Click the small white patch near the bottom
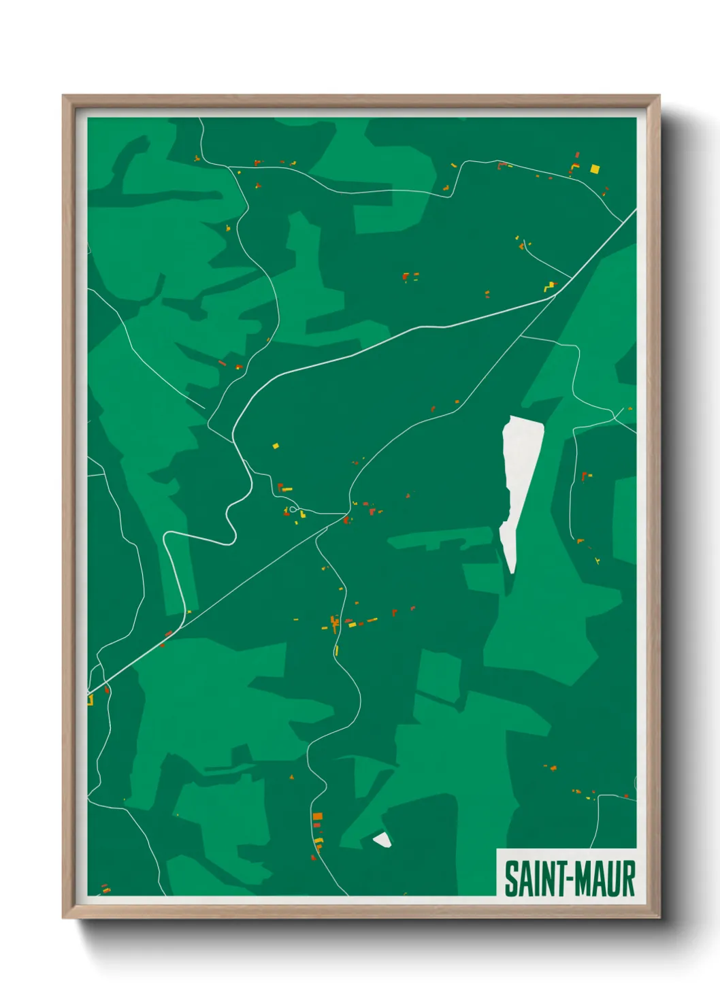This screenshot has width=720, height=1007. (382, 840)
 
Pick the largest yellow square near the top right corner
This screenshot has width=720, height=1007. (595, 169)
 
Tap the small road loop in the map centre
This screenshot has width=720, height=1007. (293, 508)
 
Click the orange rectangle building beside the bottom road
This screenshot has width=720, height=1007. (317, 816)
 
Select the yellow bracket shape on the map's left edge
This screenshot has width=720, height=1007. (90, 699)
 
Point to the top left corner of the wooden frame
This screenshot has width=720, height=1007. (64, 97)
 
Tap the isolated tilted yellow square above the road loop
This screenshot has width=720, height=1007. (276, 446)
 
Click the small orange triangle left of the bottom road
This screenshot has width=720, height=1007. (291, 776)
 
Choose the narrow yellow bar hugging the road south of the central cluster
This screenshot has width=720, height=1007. (336, 650)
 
